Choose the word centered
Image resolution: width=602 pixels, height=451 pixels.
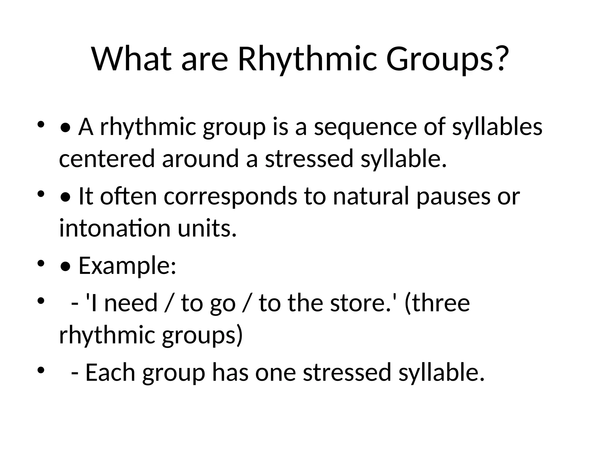pyautogui.click(x=107, y=159)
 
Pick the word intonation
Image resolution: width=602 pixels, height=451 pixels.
pyautogui.click(x=115, y=228)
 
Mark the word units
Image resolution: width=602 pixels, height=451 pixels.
pyautogui.click(x=207, y=228)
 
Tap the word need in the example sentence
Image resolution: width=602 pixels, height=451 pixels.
pyautogui.click(x=131, y=303)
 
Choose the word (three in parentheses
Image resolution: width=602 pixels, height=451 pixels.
pyautogui.click(x=437, y=303)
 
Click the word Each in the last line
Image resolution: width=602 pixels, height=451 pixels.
pyautogui.click(x=110, y=372)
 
